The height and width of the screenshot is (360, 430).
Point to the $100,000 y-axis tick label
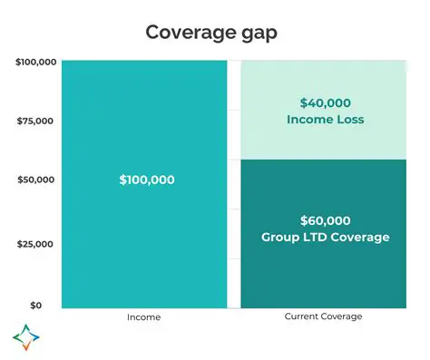[x=37, y=62]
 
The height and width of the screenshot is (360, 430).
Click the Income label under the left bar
[x=145, y=316]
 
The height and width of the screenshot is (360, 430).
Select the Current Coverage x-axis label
[x=323, y=316]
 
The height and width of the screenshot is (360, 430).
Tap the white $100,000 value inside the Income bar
[x=146, y=180]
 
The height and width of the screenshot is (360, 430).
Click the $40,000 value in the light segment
[x=324, y=102]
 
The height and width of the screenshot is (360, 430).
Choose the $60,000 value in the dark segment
[x=324, y=220]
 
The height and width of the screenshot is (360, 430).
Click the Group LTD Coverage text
[x=324, y=238]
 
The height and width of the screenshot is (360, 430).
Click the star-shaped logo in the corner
[x=26, y=336]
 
